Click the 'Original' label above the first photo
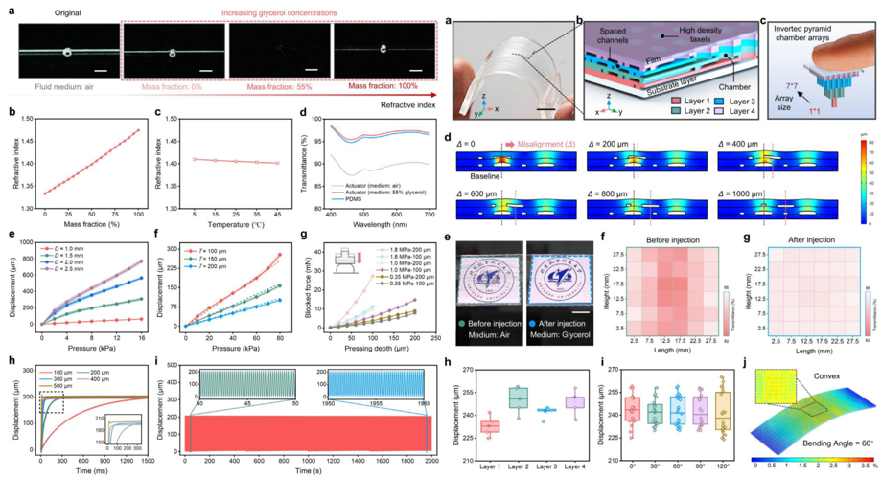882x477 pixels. pos(59,9)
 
